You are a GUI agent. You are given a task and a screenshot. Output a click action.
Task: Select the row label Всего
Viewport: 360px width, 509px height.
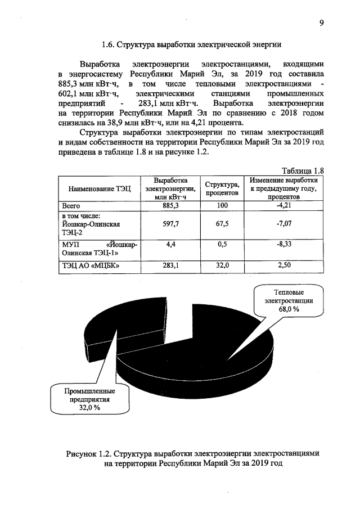point(72,206)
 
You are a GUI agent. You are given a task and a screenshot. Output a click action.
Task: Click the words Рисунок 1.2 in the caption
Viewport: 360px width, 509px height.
point(91,453)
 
